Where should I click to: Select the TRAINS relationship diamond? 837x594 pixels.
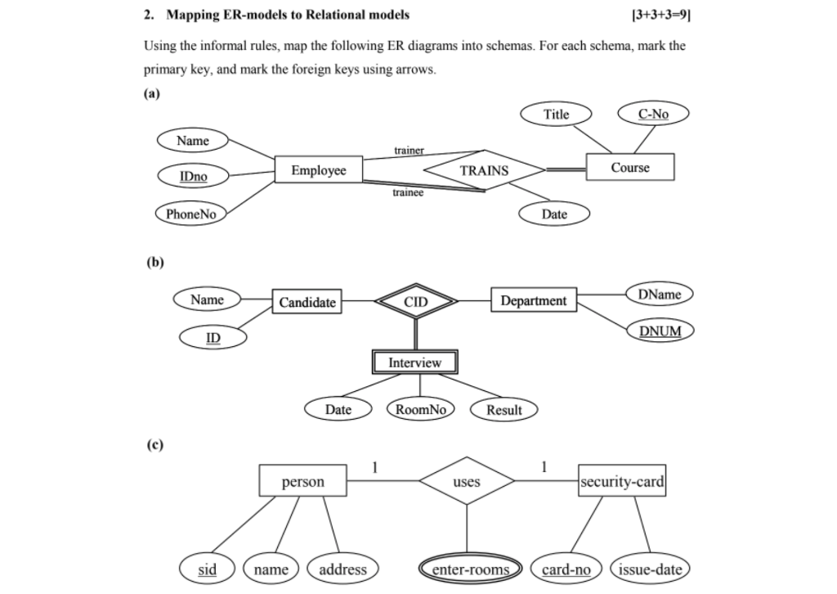coord(484,170)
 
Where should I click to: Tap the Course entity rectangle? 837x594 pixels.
coord(629,167)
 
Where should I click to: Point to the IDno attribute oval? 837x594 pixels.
coord(193,176)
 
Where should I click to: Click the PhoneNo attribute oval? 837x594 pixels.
coord(190,214)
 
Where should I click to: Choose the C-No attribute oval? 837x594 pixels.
coord(653,114)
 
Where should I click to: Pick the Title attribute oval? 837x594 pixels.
coord(556,114)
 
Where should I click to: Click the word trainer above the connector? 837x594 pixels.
coord(409,151)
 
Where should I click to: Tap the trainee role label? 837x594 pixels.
coord(408,193)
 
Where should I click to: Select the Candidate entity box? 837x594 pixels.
coord(307,302)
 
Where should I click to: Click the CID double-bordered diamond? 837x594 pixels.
coord(415,302)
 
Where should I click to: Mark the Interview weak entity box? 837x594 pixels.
coord(414,362)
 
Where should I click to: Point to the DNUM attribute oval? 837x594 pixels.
coord(660,331)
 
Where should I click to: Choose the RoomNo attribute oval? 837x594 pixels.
coord(420,409)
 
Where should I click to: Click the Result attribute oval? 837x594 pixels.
coord(504,410)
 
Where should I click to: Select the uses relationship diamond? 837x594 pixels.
coord(466,481)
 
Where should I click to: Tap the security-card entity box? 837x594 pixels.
coord(621,481)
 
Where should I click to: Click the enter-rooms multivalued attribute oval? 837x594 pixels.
coord(470,569)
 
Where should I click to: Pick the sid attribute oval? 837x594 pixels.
coord(208,569)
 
